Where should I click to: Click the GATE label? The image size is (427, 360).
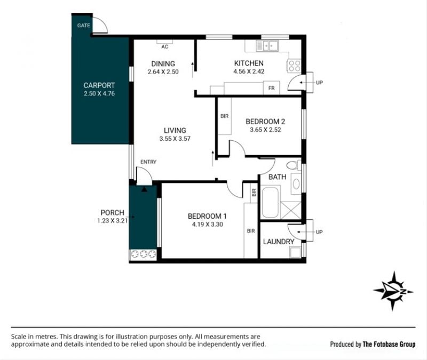[83, 25]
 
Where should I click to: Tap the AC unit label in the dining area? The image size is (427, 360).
[165, 47]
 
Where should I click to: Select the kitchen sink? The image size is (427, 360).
[267, 46]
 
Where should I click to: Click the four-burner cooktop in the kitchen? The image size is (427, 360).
[295, 66]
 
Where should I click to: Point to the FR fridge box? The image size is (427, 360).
[271, 87]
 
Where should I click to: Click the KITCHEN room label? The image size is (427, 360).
[249, 63]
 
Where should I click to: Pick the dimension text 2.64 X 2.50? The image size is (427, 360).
[163, 72]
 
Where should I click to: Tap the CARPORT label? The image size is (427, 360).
[99, 85]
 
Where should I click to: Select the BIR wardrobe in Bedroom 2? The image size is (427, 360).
[225, 116]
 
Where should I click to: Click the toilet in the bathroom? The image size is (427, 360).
[294, 165]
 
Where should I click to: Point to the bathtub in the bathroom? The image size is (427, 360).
[270, 202]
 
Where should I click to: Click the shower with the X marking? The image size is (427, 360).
[290, 210]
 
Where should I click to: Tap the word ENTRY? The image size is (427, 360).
[148, 162]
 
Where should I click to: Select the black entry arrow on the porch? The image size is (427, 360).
[144, 189]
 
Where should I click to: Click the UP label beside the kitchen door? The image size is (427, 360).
[319, 83]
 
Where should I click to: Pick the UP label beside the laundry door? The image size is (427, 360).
[319, 232]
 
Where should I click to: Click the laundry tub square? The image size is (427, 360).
[295, 252]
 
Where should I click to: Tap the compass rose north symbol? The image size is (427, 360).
[393, 291]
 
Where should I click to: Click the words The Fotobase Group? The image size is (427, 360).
[389, 344]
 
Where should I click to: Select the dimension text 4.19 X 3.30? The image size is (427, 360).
[208, 225]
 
